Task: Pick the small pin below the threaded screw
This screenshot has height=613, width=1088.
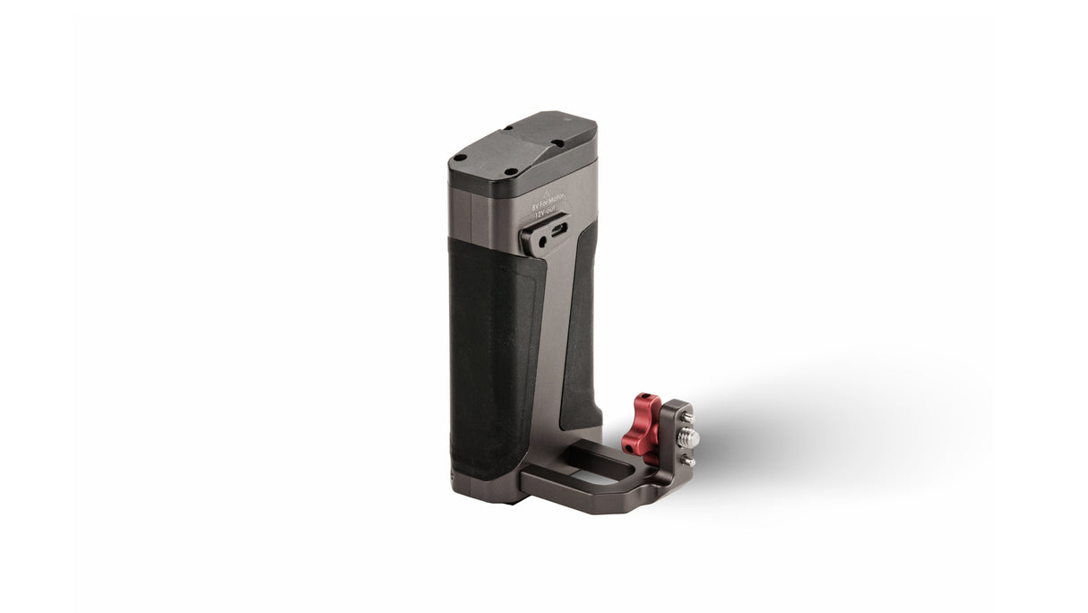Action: [688, 461]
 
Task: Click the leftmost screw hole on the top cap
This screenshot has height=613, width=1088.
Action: [461, 157]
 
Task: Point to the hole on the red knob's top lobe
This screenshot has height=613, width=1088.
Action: [651, 400]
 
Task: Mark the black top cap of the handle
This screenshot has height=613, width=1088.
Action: [520, 152]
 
